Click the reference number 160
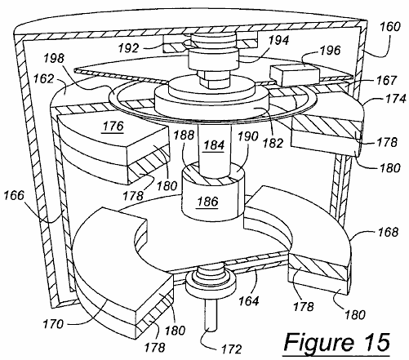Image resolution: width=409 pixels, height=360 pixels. (x=390, y=27)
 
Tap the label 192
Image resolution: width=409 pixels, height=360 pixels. (x=129, y=48)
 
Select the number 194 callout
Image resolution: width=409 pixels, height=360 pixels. (x=278, y=40)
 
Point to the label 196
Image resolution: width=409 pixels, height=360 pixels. (x=330, y=51)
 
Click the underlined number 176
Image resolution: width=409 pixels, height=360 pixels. (x=113, y=127)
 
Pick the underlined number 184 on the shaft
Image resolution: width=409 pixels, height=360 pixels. (x=214, y=144)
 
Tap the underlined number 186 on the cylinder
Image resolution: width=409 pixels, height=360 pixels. (x=207, y=202)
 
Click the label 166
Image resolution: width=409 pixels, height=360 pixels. (x=14, y=195)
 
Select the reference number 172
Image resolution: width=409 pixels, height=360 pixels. (x=231, y=349)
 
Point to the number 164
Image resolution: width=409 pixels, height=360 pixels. (x=249, y=301)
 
